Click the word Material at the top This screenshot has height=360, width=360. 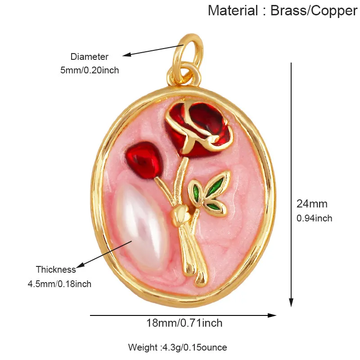pos(233,10)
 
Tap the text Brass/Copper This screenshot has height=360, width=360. pos(314,11)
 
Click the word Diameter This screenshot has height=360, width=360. pos(89,57)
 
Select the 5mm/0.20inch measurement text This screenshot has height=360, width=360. pos(90,70)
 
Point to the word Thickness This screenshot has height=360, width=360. pos(56,269)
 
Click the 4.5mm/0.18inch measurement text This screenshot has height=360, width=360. pos(59,284)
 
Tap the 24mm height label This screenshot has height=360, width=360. pos(312,204)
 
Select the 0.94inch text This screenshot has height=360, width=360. pos(314,218)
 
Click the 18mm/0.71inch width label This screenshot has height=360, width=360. pos(184,323)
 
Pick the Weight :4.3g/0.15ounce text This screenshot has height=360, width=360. pos(177,347)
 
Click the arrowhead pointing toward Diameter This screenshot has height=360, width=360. pos(126,54)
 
